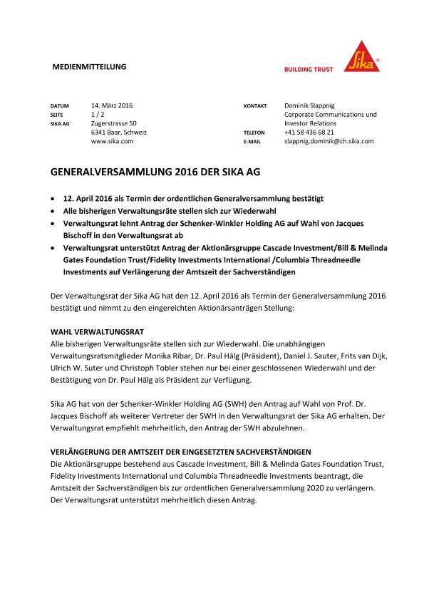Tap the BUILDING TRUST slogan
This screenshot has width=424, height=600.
309,69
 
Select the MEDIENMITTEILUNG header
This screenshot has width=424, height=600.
90,66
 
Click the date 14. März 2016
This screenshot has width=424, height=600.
113,105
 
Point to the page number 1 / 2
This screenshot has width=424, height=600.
98,114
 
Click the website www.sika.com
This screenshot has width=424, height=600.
113,141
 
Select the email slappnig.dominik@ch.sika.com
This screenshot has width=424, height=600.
329,141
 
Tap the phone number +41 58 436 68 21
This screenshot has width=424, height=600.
309,133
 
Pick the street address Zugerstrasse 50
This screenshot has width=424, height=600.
118,123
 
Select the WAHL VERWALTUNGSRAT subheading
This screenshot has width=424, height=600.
98,312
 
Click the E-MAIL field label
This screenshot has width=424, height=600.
252,142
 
